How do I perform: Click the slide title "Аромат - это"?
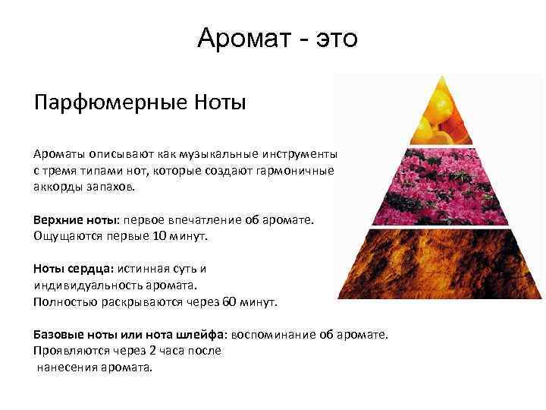(277, 37)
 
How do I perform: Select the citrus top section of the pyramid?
(441, 115)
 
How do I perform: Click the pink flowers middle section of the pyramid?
(441, 186)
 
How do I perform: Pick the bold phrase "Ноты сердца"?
(69, 269)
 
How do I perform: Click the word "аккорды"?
(58, 188)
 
